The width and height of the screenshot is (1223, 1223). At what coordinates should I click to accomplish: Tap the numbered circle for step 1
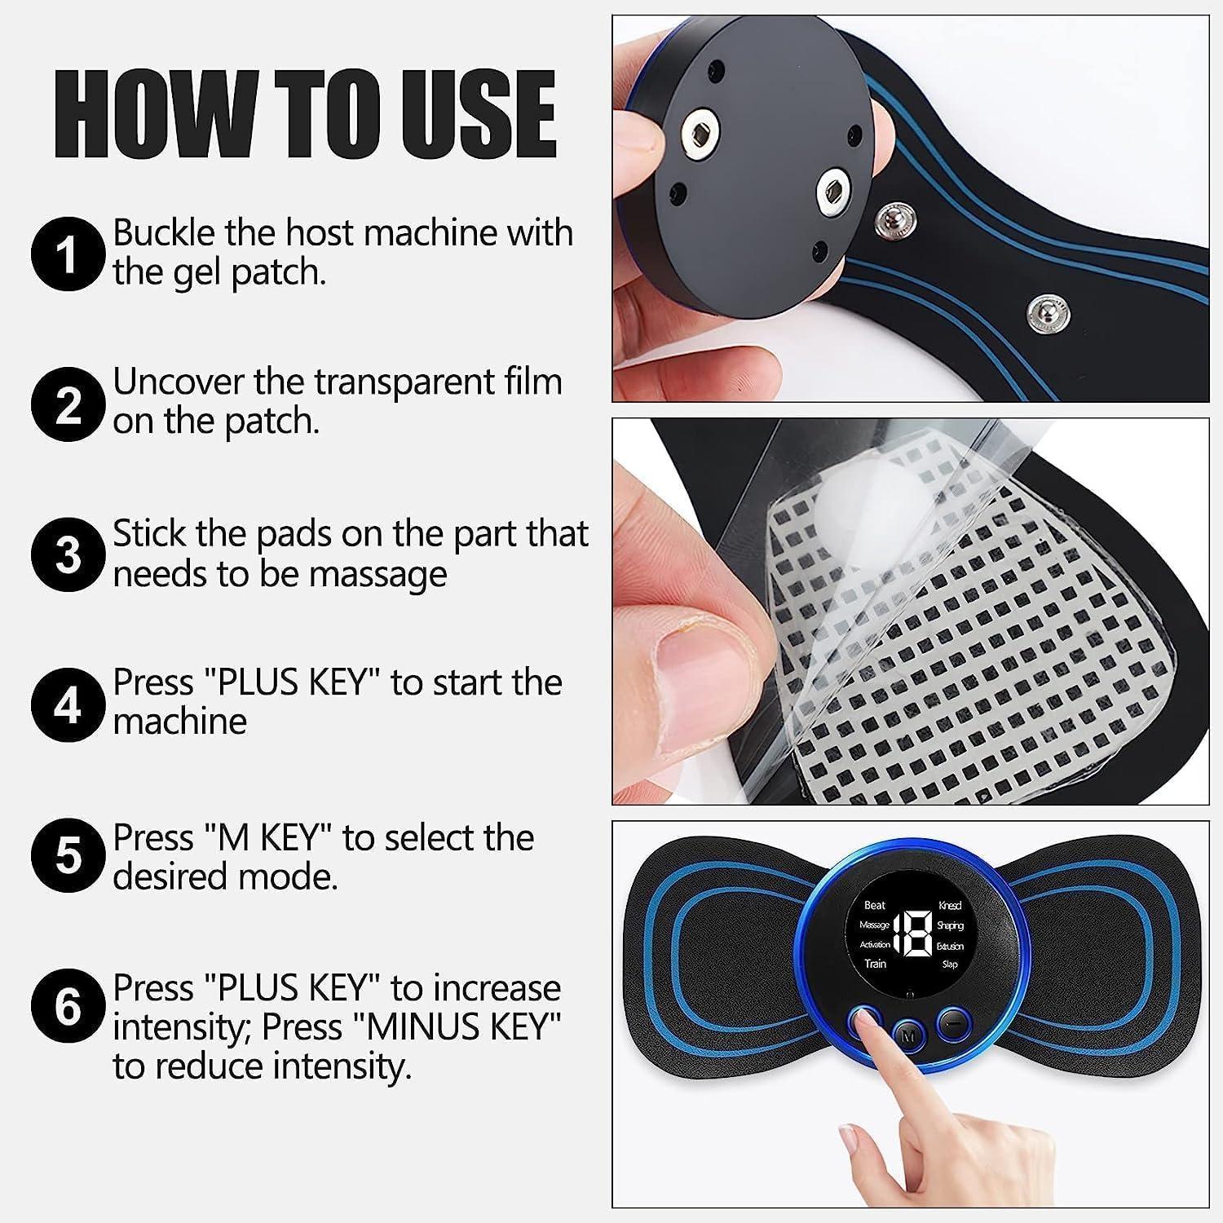(x=68, y=254)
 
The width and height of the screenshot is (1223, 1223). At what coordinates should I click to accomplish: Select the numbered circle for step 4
(x=68, y=704)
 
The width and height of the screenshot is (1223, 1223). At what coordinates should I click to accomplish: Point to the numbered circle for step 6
(x=68, y=1008)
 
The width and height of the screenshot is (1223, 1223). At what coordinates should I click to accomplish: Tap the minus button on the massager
(x=950, y=1021)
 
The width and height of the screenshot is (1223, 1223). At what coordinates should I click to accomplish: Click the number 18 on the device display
(x=912, y=934)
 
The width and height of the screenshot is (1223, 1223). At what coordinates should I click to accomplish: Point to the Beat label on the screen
(x=874, y=905)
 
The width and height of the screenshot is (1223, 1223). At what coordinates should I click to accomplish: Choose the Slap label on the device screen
(x=950, y=964)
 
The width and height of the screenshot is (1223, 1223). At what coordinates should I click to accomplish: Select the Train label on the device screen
(x=875, y=964)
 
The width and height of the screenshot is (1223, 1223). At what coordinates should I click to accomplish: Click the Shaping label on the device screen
(x=950, y=925)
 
